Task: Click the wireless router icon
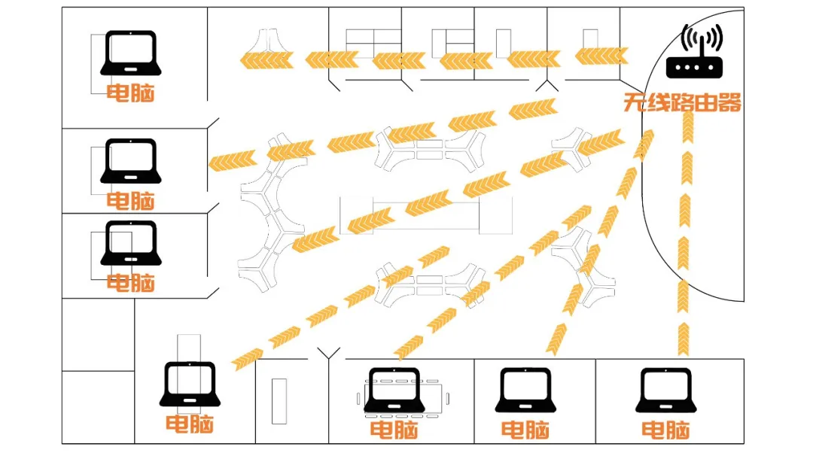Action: coord(694,51)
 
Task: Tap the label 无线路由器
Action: coord(682,102)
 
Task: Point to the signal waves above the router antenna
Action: coord(702,38)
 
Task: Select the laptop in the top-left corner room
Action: coord(131,53)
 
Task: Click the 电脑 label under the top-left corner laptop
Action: coord(131,93)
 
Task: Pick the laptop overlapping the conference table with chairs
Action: coord(394,391)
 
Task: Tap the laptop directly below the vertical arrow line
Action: coord(665,391)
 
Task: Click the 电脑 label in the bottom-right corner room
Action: coord(665,430)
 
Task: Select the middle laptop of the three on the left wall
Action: coord(131,160)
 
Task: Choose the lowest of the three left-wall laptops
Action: coord(131,243)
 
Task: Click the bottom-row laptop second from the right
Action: coord(525,391)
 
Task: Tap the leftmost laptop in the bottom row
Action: coord(190,384)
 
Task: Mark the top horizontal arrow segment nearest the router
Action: coord(601,56)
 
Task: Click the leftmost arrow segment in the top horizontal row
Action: coord(266,60)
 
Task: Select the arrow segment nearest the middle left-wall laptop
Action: coord(233,160)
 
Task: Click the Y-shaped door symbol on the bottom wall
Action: coord(329,354)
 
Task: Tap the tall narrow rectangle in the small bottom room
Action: coord(279,401)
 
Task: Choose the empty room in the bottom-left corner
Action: coord(98,407)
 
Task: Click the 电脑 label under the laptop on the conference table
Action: coord(394,430)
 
